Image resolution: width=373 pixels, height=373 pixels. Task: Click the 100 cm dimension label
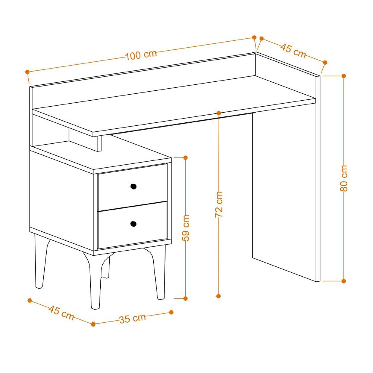(141, 55)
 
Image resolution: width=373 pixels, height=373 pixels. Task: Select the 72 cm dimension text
(219, 204)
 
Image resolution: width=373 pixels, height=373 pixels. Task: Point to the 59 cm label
(186, 227)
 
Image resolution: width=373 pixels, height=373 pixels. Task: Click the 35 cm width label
(132, 318)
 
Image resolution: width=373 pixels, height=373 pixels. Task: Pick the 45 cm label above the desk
(293, 51)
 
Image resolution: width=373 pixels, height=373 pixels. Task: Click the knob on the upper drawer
(133, 186)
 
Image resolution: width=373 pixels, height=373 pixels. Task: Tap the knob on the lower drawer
(133, 224)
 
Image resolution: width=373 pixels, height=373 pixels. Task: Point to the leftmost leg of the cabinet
(41, 261)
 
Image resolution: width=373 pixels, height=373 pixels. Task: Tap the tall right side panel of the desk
(285, 194)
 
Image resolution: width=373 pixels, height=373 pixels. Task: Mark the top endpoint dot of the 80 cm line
(344, 76)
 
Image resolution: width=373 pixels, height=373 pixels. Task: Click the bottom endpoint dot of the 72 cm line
(219, 296)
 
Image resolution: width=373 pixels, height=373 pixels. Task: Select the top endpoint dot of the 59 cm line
(186, 158)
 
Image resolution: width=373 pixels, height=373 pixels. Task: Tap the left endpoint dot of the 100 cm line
(27, 72)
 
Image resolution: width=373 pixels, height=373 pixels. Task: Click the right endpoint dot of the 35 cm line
(172, 312)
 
